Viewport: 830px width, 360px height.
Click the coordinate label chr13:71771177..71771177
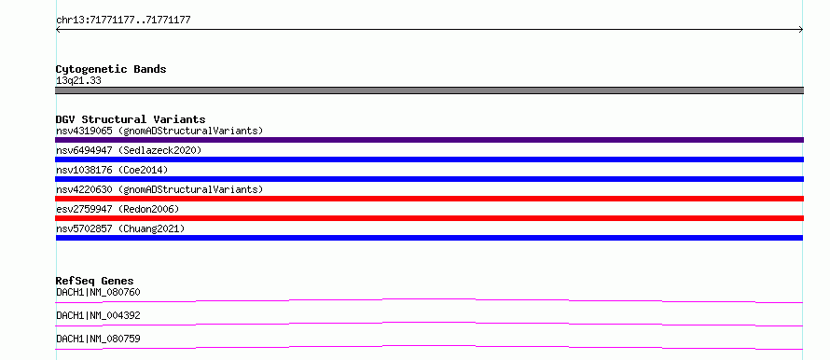pos(123,21)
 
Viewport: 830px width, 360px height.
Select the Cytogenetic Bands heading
pos(111,69)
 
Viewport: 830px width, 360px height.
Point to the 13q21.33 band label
pos(78,81)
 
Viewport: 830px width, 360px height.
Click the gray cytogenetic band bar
pos(429,90)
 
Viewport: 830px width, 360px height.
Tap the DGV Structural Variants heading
pos(131,119)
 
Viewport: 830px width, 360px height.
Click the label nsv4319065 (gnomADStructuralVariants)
pos(159,131)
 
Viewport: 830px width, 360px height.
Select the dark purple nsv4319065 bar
pos(429,140)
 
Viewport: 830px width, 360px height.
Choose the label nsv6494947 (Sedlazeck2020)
pos(129,150)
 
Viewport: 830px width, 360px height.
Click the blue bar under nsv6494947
pos(429,159)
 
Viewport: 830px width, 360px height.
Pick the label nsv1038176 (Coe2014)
pos(112,170)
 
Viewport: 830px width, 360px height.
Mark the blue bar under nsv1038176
pos(429,179)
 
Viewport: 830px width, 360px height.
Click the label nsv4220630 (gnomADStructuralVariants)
pos(159,189)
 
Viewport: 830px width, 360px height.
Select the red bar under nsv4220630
pos(429,199)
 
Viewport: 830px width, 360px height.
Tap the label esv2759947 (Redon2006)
pos(118,209)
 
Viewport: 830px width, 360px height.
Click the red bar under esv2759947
pos(429,218)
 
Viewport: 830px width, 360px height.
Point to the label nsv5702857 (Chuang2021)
pos(120,228)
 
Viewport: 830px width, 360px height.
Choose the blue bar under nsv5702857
pos(429,238)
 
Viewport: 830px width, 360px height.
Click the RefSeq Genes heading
pos(95,281)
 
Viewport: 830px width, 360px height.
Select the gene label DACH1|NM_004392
pos(98,315)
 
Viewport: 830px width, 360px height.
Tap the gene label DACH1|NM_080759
pos(98,339)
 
